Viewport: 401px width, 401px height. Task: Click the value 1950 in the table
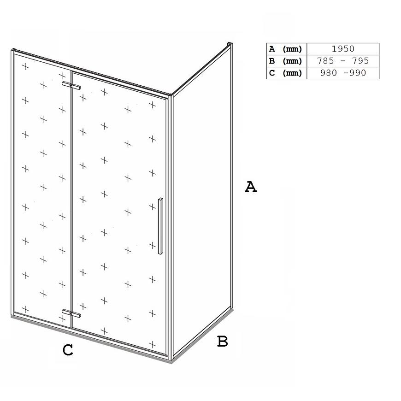tap(342, 49)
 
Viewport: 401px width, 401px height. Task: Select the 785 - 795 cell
tap(342, 61)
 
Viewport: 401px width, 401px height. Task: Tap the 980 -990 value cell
tap(342, 73)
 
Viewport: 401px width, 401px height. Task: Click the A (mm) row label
tap(285, 49)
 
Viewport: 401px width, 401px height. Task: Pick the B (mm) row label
tap(285, 61)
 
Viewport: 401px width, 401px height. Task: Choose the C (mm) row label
tap(285, 73)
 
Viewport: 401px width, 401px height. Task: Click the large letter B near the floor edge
tap(223, 341)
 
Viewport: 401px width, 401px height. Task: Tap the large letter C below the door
tap(68, 350)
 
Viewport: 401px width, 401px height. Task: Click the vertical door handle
tap(160, 226)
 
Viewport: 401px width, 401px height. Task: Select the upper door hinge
tap(71, 85)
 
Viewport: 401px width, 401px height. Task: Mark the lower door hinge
tap(71, 313)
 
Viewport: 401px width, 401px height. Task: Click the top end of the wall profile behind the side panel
tap(230, 44)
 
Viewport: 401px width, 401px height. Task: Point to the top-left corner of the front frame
tap(12, 50)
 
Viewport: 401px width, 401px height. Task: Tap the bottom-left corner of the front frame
tap(12, 316)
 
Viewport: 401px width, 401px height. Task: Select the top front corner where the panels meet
tap(171, 95)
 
